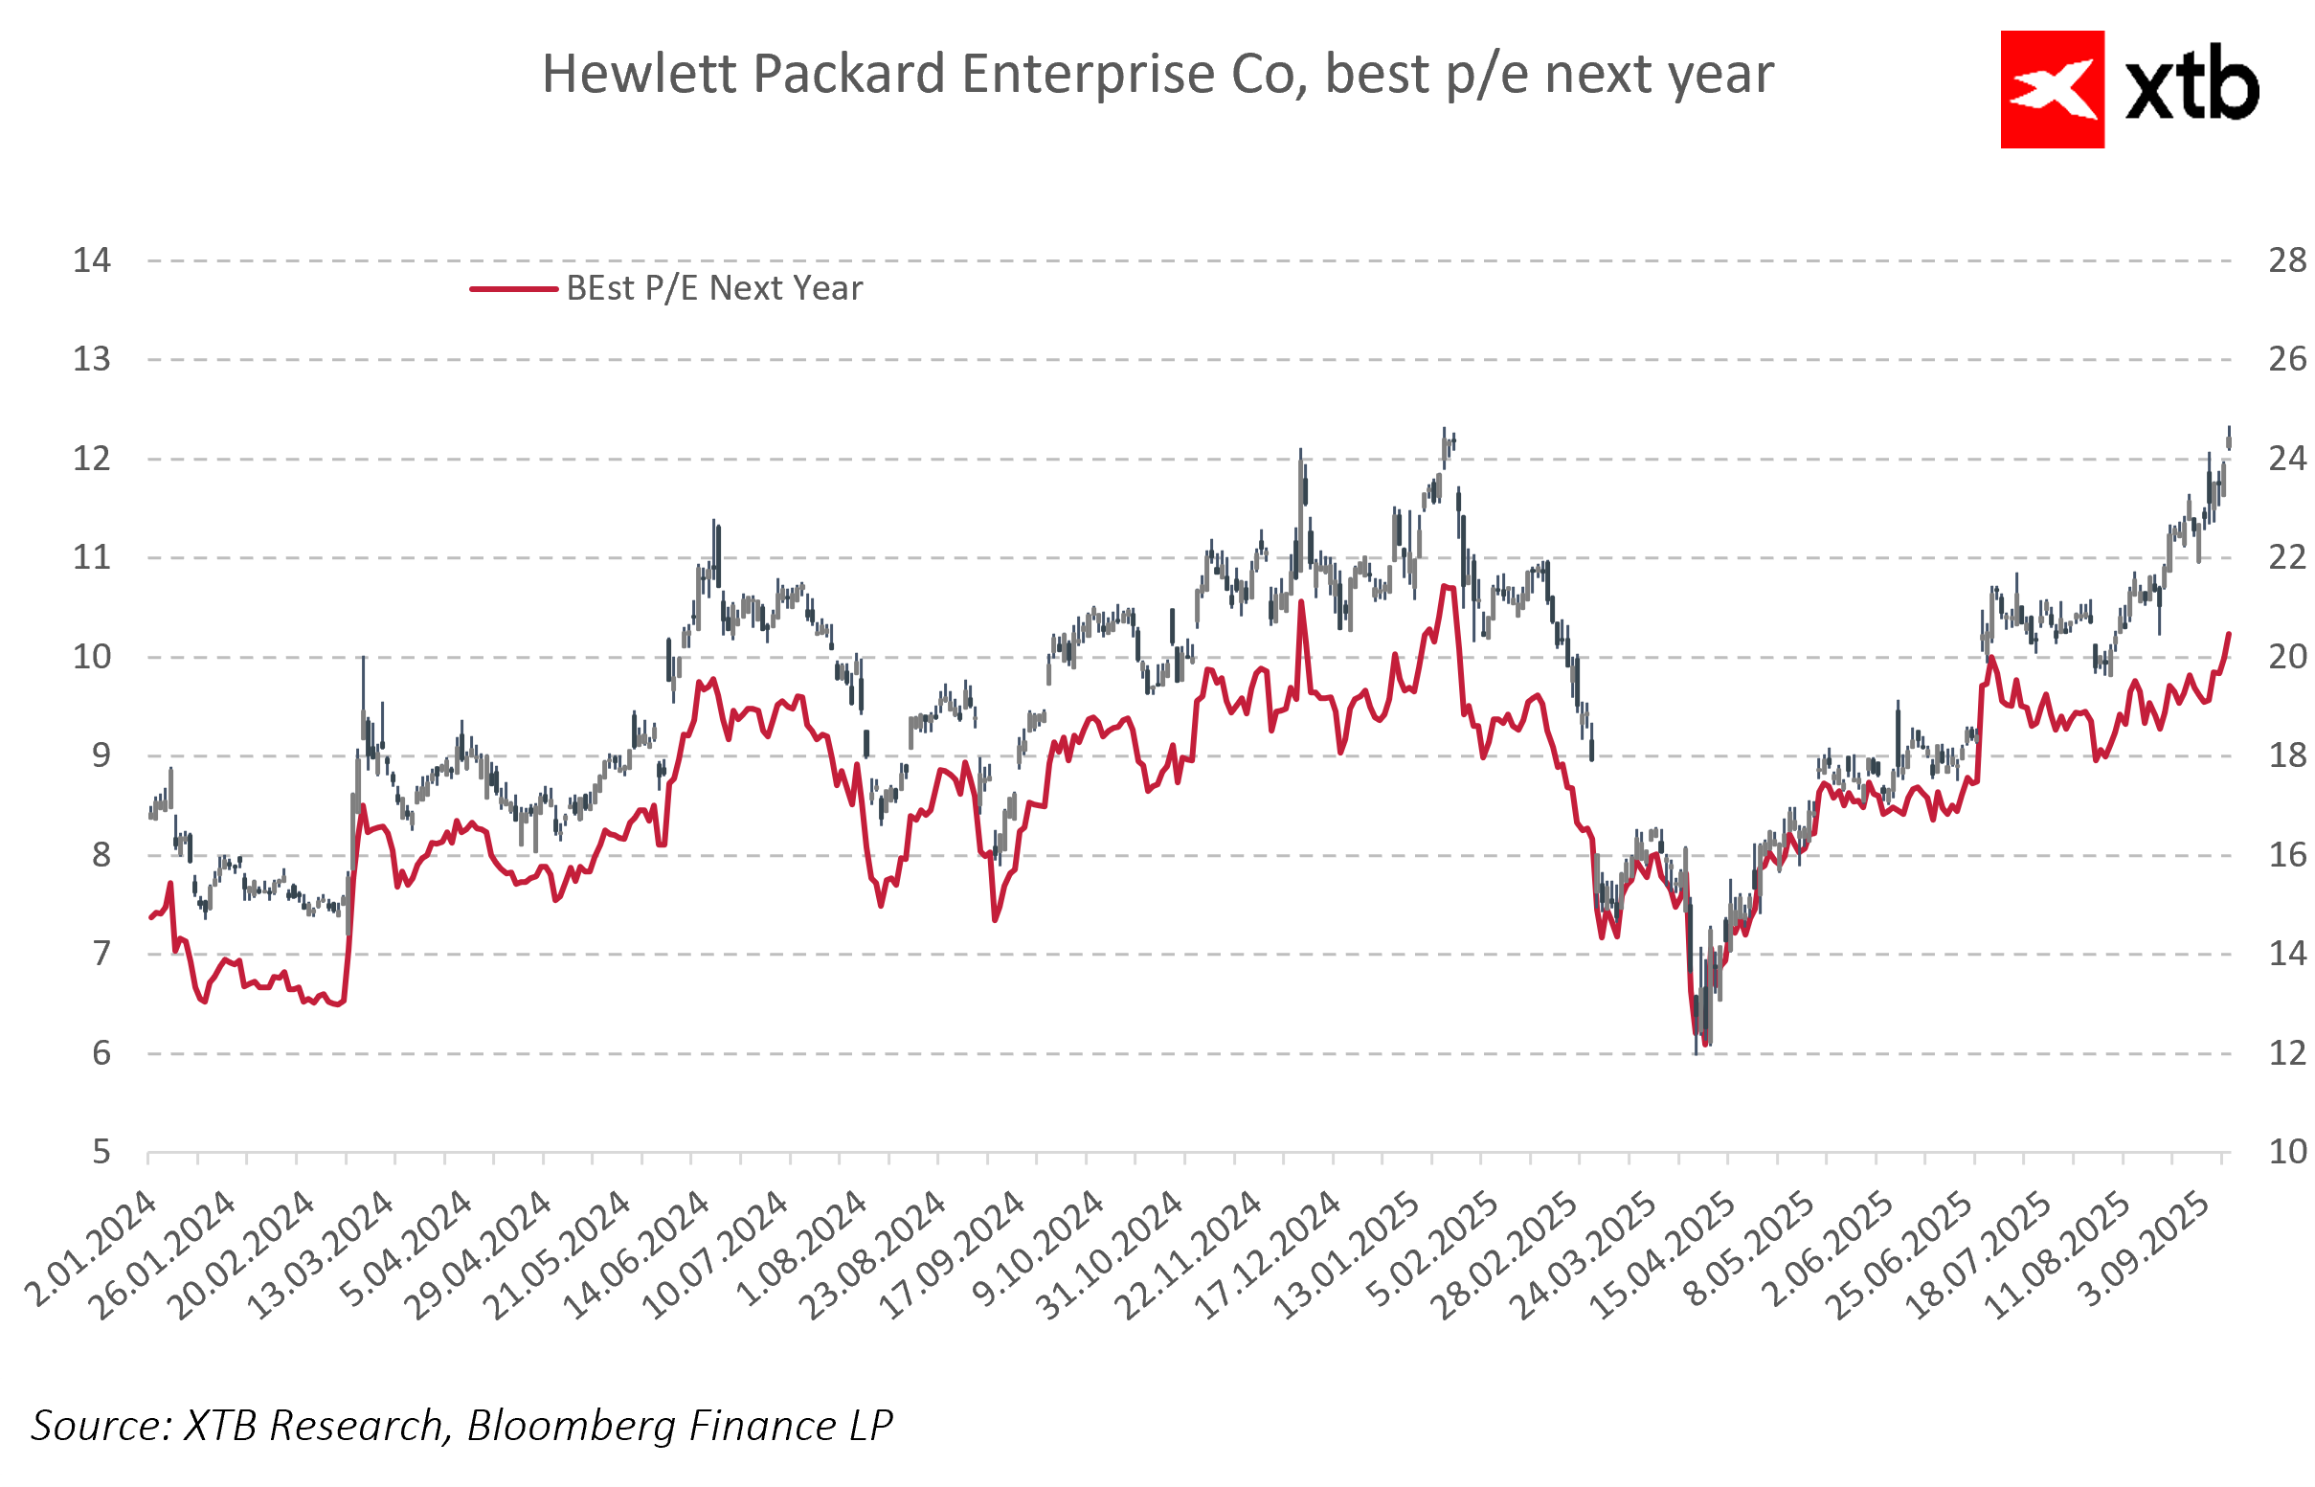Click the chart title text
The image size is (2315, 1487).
(1157, 75)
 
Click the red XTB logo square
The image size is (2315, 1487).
(2052, 90)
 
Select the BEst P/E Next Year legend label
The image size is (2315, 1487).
(713, 288)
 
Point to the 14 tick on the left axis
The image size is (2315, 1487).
(92, 260)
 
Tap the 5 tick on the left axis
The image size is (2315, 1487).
(101, 1152)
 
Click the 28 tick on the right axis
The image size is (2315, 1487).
(2286, 260)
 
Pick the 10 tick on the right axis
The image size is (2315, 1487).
(2286, 1152)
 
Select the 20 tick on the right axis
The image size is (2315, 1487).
(2286, 657)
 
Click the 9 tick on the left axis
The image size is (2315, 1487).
(101, 755)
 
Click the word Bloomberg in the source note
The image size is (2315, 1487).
(573, 1426)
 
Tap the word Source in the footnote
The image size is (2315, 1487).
(101, 1426)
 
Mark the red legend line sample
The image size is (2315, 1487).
(512, 289)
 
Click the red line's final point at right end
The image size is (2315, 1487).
(2229, 635)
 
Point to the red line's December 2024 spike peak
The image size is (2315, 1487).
(1301, 603)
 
